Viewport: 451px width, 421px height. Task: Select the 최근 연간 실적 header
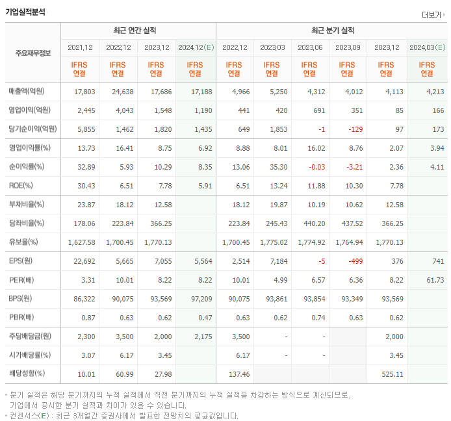(138, 31)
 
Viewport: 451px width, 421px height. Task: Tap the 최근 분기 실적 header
(331, 31)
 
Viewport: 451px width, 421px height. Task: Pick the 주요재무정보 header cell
(32, 53)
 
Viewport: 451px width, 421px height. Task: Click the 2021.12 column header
(81, 47)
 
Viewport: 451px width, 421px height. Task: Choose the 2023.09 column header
(348, 47)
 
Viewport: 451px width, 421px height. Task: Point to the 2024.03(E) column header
(427, 47)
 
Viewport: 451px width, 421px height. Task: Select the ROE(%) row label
(21, 185)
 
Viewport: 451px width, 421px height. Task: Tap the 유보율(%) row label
(23, 242)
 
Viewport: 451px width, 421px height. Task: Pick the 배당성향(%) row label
(27, 374)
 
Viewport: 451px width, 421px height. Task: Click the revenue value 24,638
(120, 92)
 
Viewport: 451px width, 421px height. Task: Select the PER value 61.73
(434, 279)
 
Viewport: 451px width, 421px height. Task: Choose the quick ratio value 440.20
(311, 223)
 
